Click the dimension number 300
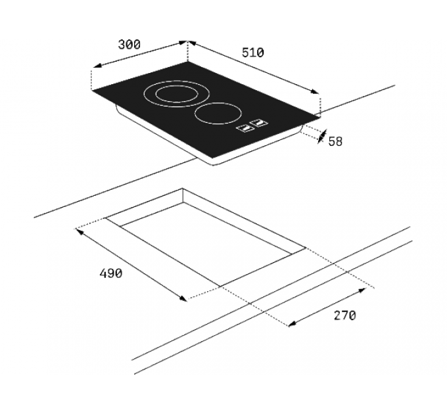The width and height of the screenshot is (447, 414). pyautogui.click(x=129, y=45)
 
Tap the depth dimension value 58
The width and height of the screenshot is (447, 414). pyautogui.click(x=335, y=141)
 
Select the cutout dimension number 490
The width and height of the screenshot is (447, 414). pyautogui.click(x=110, y=273)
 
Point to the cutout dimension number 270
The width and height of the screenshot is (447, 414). pyautogui.click(x=344, y=315)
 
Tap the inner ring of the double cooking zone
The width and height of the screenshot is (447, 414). pyautogui.click(x=175, y=93)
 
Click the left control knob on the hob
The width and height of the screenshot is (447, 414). pyautogui.click(x=245, y=127)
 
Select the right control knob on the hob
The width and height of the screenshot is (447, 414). pyautogui.click(x=261, y=122)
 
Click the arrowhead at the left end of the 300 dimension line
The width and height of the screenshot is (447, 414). pyautogui.click(x=95, y=66)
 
